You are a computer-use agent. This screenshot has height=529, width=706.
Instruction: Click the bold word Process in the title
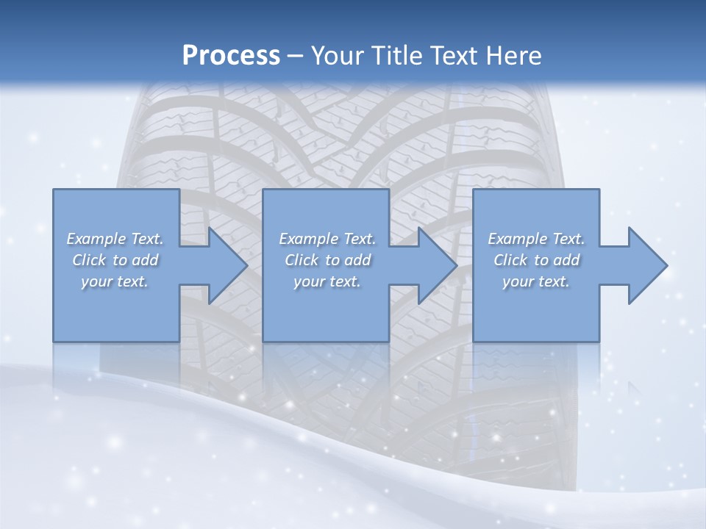click(231, 55)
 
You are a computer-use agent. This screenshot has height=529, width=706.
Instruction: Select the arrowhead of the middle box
click(436, 265)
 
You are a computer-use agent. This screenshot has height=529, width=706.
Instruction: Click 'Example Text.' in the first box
click(115, 239)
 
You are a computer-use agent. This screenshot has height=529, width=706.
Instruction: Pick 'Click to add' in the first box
click(115, 260)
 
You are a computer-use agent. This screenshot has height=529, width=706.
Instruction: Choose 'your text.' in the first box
click(115, 281)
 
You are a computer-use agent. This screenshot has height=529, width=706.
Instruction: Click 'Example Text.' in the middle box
click(327, 239)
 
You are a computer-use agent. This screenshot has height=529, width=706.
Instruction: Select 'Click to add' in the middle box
click(327, 260)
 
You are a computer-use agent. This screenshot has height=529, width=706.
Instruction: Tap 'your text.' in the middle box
click(327, 281)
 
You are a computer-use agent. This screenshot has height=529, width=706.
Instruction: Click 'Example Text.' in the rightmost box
click(536, 239)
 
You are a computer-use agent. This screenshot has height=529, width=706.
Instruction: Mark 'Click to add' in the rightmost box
click(536, 260)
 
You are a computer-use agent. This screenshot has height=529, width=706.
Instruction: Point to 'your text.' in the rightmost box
click(536, 281)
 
